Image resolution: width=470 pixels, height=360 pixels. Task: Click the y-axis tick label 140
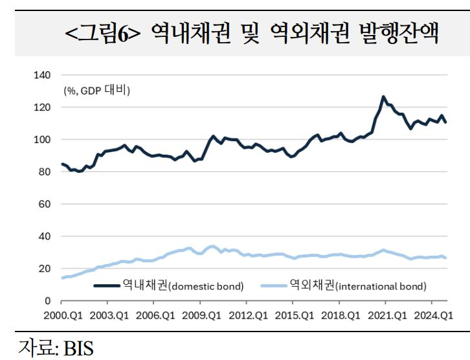pos(42,75)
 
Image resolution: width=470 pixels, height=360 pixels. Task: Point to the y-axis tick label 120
pos(42,107)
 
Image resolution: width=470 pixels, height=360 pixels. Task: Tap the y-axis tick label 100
pos(42,140)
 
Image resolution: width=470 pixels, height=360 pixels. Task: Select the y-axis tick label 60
pos(45,205)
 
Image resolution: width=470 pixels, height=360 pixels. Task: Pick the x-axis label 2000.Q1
pos(61,316)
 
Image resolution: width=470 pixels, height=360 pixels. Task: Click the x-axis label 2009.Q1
pos(199,316)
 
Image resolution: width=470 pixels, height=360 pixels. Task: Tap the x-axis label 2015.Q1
pos(293,316)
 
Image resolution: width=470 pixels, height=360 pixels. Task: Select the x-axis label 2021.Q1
pos(385,316)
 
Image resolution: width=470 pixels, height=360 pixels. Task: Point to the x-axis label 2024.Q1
pos(432,316)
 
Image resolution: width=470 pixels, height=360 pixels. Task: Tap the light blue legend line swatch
pos(274,286)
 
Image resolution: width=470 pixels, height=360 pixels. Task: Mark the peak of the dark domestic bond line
pos(383,97)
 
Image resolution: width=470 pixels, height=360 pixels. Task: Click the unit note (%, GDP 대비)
pos(96,91)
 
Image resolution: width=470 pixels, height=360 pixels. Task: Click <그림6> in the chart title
pos(103,33)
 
